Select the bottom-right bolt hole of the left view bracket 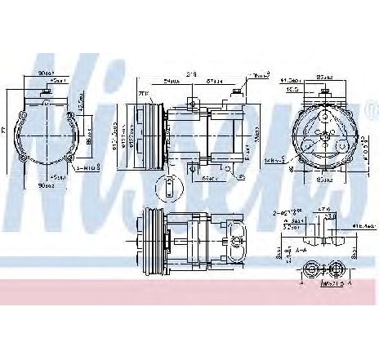(76, 158)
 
